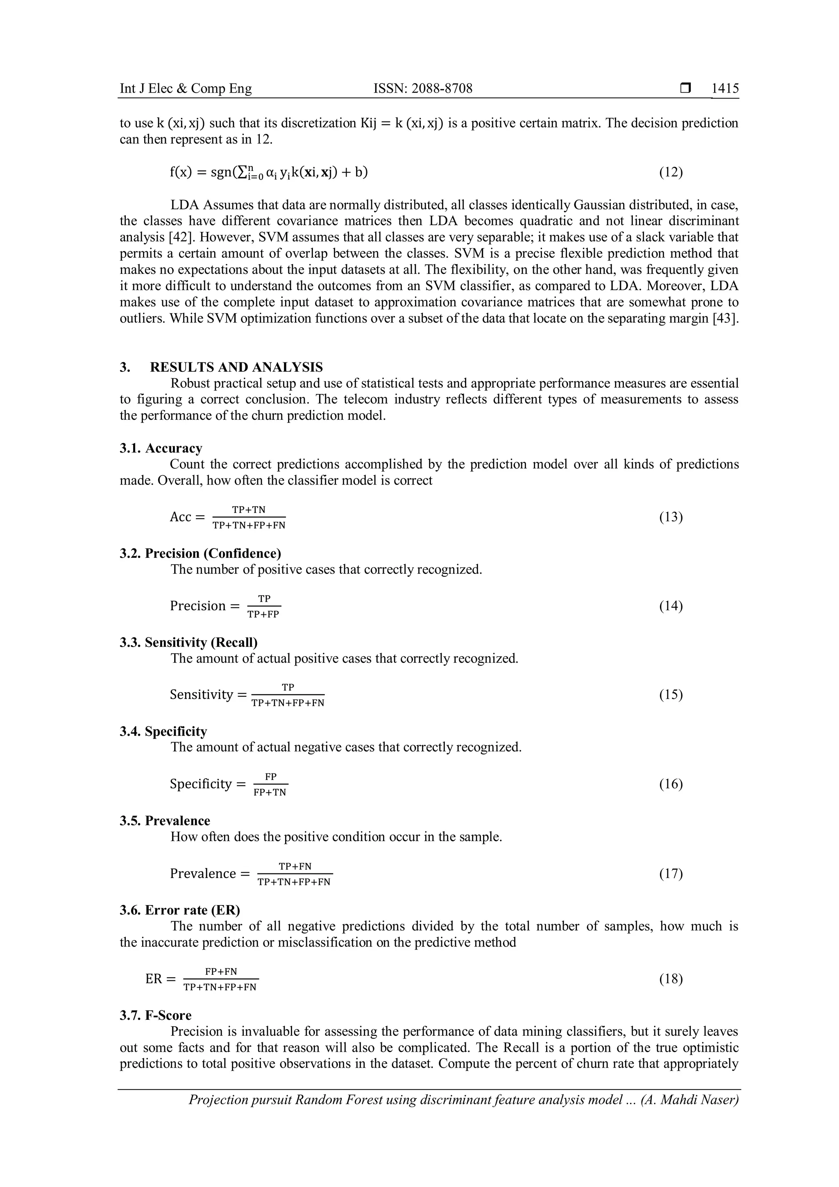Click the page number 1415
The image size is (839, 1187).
[x=725, y=89]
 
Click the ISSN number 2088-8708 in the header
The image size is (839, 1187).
[x=423, y=89]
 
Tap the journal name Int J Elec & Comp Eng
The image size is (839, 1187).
[x=186, y=89]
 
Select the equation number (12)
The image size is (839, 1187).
[x=671, y=172]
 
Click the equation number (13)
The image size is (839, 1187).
[x=671, y=517]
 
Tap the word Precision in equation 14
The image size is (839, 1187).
[x=198, y=606]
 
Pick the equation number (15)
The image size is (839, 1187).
[x=671, y=694]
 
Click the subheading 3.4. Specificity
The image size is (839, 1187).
[x=163, y=731]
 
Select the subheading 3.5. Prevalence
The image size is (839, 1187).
[x=165, y=821]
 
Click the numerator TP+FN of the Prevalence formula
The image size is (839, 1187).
[x=295, y=866]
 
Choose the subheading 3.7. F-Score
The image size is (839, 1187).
[x=156, y=1015]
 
